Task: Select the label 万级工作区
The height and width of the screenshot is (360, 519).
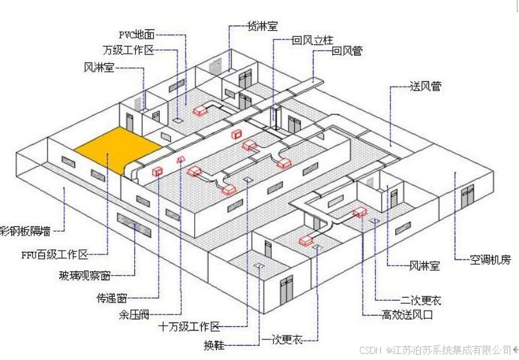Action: tap(128, 50)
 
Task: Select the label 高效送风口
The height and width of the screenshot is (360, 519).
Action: tap(407, 315)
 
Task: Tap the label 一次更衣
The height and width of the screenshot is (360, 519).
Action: tap(283, 339)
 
